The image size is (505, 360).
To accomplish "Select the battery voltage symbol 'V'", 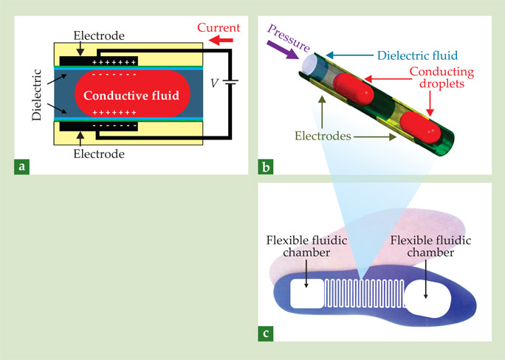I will point(214,83).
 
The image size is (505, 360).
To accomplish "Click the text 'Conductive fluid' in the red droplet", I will point(133,95).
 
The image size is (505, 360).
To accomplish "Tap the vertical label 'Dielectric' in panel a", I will point(39,95).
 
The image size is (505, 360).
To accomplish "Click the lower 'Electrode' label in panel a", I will point(98,154).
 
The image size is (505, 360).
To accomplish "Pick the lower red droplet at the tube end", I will point(425,133).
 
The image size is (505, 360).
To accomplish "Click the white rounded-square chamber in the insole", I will point(306,295).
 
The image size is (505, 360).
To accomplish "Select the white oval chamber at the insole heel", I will point(427,297).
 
